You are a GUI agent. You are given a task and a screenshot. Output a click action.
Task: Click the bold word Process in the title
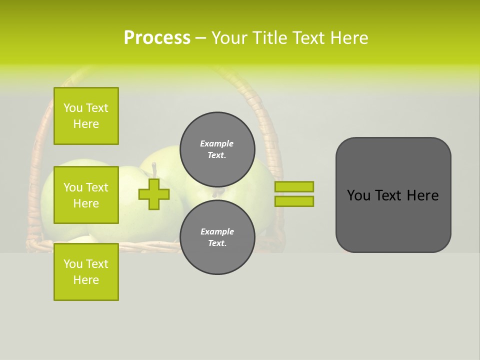click(157, 38)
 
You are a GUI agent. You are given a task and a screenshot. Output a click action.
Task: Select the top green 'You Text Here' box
click(86, 116)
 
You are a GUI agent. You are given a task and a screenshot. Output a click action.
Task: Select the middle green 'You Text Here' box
click(86, 195)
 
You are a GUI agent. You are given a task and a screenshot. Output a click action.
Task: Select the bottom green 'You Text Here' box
click(86, 271)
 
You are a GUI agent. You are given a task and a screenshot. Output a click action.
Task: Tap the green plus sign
click(153, 194)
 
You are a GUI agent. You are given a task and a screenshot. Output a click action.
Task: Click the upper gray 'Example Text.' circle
click(217, 149)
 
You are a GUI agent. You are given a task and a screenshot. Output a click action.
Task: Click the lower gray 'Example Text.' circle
click(217, 237)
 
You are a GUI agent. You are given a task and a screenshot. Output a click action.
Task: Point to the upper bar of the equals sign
click(294, 186)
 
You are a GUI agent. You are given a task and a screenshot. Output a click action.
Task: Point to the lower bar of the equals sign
click(294, 201)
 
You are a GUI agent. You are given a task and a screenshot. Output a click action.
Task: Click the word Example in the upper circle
click(217, 143)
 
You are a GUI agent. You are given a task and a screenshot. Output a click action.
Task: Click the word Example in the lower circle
click(217, 231)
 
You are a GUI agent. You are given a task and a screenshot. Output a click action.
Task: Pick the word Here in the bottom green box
click(86, 280)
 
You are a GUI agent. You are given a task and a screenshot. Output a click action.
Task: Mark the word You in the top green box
click(73, 108)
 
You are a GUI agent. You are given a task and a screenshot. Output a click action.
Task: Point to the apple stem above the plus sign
click(154, 169)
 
